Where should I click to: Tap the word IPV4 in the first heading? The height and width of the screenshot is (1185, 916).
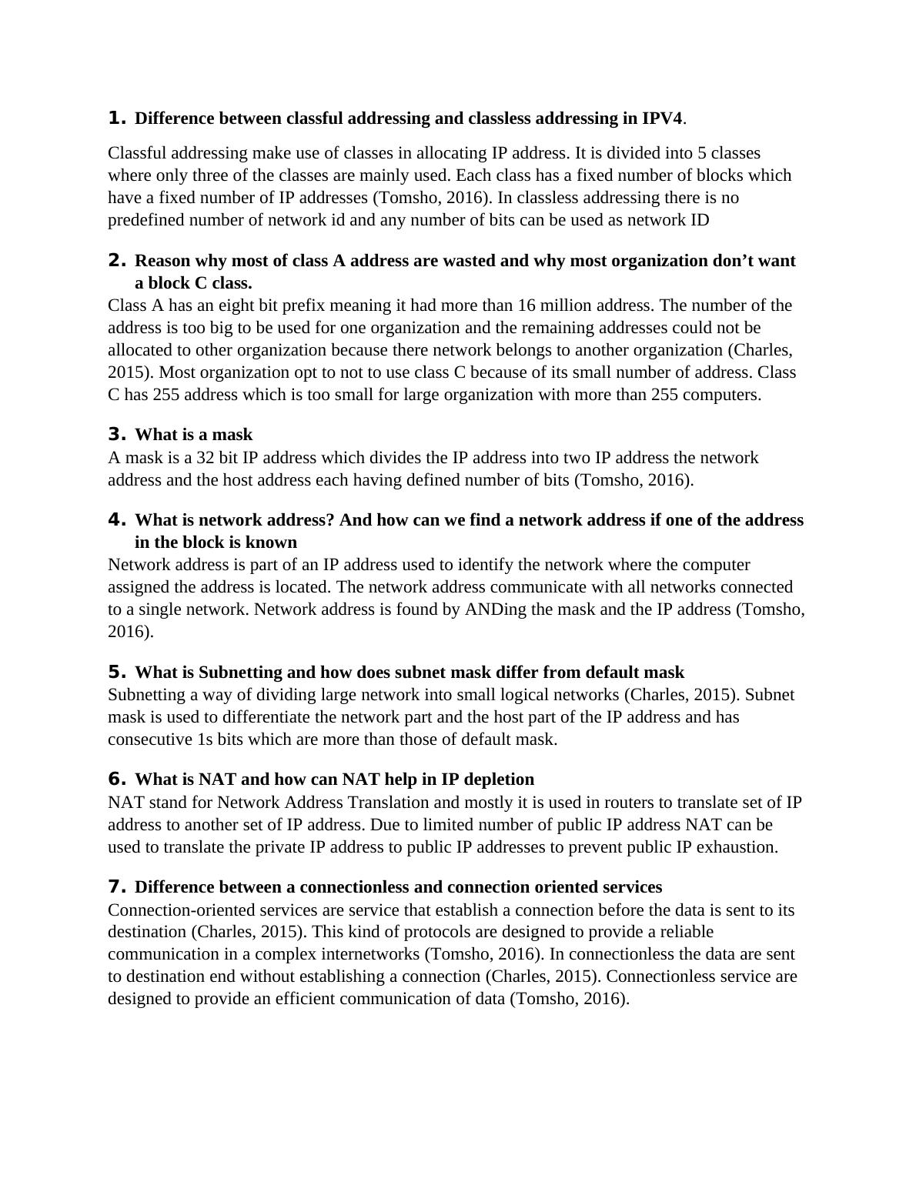coord(662,118)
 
